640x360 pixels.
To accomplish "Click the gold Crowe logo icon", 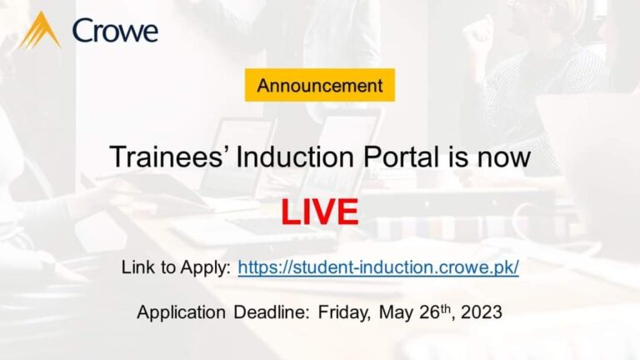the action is click(40, 30).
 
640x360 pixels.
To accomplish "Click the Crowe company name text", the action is click(115, 31).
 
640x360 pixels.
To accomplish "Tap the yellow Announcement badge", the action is click(320, 85).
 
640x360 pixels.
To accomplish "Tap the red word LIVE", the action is click(320, 212).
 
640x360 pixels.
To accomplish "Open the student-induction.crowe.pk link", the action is click(378, 267).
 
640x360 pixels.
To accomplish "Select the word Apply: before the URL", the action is click(206, 268).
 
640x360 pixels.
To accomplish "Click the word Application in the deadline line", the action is click(181, 312).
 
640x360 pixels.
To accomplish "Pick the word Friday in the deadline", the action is click(344, 312).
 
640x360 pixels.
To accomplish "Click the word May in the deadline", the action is click(396, 313).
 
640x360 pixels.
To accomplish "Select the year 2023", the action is click(482, 312).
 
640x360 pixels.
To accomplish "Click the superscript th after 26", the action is click(445, 308).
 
